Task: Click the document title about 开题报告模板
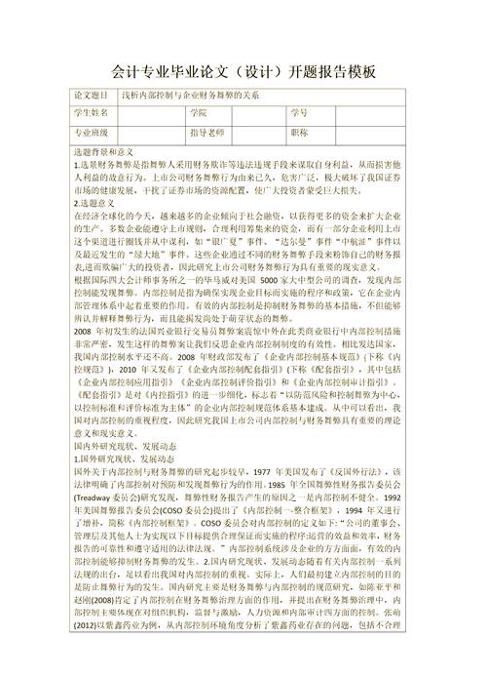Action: click(x=243, y=73)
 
